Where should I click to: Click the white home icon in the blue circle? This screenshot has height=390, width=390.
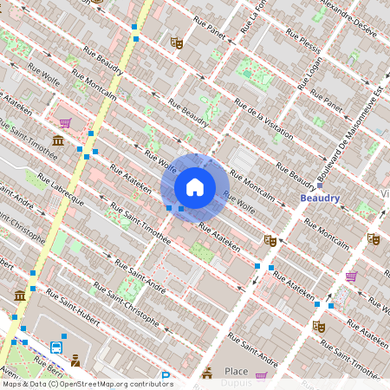(x=195, y=187)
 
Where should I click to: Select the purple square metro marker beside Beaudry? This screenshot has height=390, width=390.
(x=320, y=185)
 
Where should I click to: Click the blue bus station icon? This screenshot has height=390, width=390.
(x=56, y=348)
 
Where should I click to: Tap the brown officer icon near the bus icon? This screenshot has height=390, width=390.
(x=75, y=361)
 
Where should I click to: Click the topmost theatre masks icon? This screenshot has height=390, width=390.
(x=177, y=42)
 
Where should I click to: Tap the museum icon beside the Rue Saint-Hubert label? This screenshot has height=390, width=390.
(x=20, y=297)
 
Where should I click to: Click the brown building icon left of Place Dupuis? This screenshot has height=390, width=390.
(x=206, y=374)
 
